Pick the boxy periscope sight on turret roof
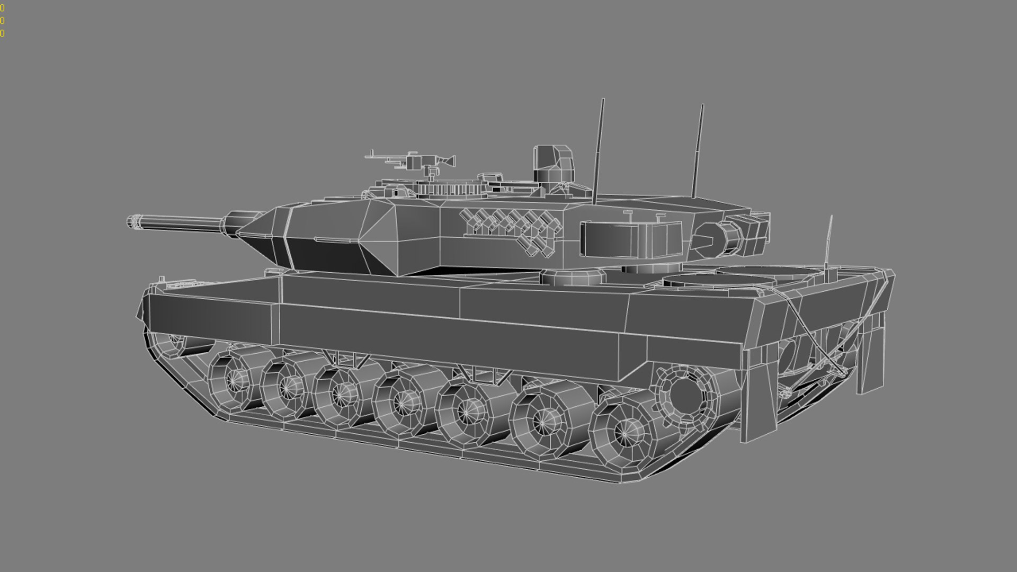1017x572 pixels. (553, 164)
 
